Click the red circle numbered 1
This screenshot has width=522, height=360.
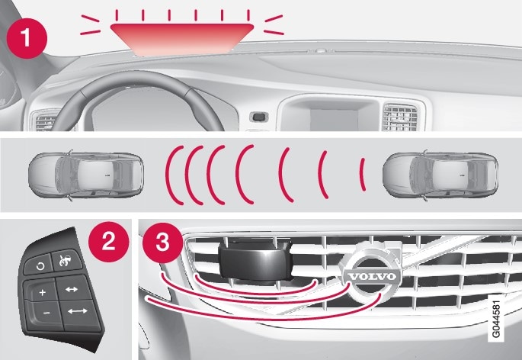(x=27, y=38)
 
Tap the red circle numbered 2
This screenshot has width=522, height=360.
(x=108, y=242)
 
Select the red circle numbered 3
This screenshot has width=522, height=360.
(x=163, y=243)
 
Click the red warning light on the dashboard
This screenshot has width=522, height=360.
(x=182, y=39)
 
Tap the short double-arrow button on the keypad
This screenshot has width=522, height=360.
(x=72, y=288)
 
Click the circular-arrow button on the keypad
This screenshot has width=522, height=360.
(x=40, y=265)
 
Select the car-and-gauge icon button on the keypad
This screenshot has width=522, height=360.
(x=66, y=259)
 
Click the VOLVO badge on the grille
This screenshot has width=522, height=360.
(x=372, y=275)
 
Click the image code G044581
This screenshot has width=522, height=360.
(x=495, y=319)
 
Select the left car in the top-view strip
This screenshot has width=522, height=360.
(x=86, y=175)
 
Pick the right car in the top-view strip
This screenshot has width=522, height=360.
(x=440, y=175)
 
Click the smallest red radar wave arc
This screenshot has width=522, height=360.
(x=363, y=175)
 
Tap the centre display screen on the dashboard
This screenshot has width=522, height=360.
(x=334, y=119)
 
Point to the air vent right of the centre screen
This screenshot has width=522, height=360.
(x=400, y=117)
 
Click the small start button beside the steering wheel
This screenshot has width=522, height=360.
(x=259, y=117)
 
